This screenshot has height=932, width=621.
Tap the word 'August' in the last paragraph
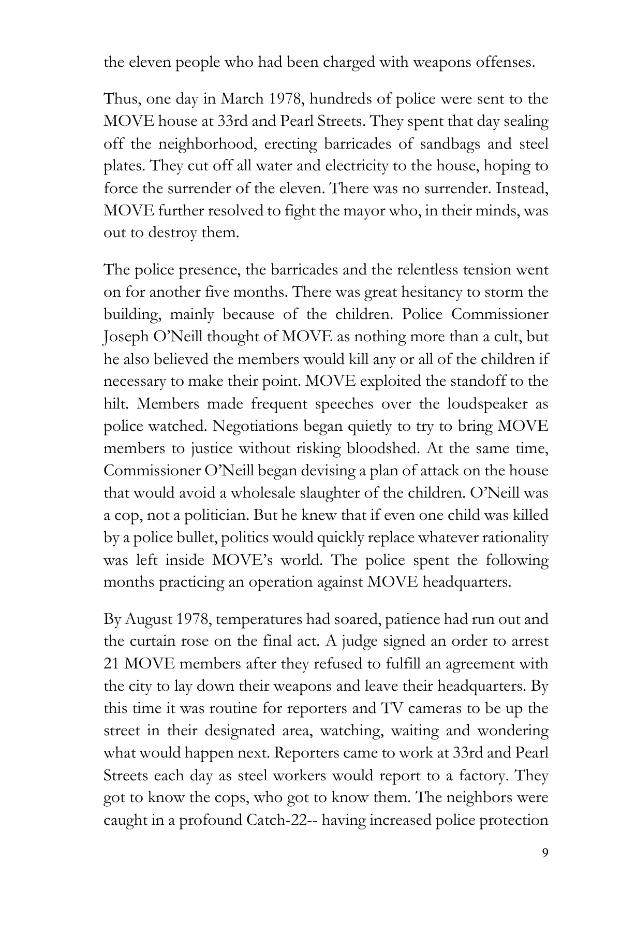[x=148, y=619]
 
